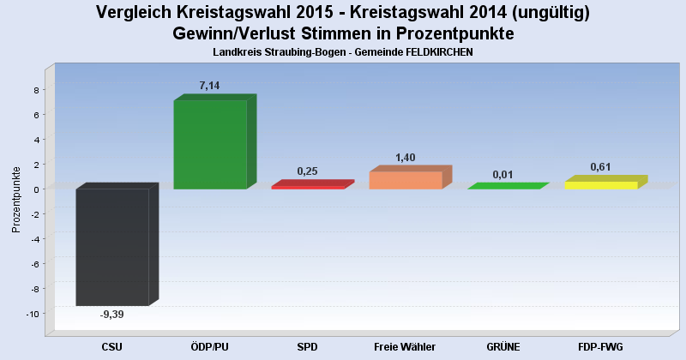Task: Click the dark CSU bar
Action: (112, 247)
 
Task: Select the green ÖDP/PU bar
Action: (210, 144)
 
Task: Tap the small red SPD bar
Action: (308, 186)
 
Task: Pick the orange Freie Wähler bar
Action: (406, 180)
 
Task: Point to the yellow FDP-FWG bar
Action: (601, 185)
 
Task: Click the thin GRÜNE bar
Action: (503, 187)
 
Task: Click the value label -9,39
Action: (112, 315)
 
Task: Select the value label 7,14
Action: (210, 86)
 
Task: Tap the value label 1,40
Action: (406, 158)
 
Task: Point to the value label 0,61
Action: (600, 167)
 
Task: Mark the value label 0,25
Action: (307, 171)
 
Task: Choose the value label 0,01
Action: (502, 175)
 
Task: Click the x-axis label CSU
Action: (112, 347)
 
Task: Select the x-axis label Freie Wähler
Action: (405, 347)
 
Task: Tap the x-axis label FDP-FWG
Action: (600, 347)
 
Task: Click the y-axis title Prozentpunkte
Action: (16, 200)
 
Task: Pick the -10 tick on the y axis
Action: (33, 314)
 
